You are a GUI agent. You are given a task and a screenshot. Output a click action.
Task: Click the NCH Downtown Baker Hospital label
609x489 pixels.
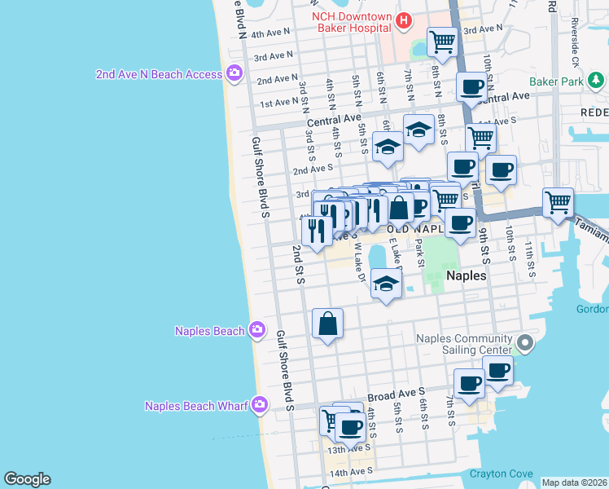coord(352,24)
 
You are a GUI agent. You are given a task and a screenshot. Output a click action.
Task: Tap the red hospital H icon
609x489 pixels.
coord(402,19)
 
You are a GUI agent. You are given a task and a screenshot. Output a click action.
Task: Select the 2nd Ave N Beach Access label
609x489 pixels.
coord(159,74)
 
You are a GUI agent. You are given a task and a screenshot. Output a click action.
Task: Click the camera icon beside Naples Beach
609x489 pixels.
coord(256,330)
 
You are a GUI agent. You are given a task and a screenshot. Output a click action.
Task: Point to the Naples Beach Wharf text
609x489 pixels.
coord(196,406)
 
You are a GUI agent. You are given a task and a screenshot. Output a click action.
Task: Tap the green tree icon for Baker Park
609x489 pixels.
coord(597,80)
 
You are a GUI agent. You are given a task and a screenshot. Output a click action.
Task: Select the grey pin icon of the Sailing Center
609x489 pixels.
coord(525,344)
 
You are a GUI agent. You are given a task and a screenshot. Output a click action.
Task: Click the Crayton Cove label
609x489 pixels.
coord(501,474)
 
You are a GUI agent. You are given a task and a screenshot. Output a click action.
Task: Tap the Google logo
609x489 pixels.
coord(27,479)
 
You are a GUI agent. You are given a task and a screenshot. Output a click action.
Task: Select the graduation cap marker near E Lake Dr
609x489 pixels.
coord(386,284)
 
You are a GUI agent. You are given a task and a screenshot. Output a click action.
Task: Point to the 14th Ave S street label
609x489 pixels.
coord(349,472)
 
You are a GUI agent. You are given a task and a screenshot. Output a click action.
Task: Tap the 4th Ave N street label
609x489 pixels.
coord(272,34)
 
